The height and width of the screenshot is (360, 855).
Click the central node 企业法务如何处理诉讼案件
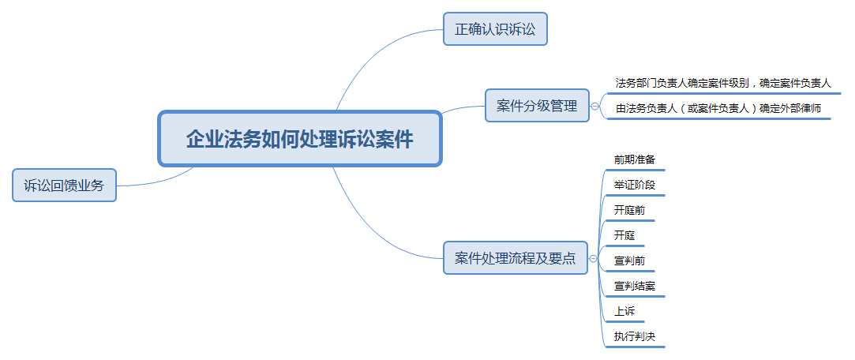pyautogui.click(x=299, y=139)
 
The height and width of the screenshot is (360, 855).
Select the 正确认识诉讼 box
pyautogui.click(x=495, y=30)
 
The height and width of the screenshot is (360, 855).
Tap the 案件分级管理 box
pyautogui.click(x=537, y=105)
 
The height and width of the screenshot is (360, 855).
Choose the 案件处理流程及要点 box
pyautogui.click(x=516, y=257)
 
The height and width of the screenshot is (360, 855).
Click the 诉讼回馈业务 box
pyautogui.click(x=64, y=186)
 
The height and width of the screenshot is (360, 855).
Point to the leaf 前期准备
pyautogui.click(x=634, y=159)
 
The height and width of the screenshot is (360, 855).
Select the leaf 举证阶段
pyautogui.click(x=634, y=186)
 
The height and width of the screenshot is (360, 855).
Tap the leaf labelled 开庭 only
pyautogui.click(x=624, y=235)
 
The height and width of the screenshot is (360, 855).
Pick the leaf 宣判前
pyautogui.click(x=628, y=261)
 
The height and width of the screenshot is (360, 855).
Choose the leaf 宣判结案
pyautogui.click(x=634, y=286)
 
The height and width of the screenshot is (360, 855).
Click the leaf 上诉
pyautogui.click(x=624, y=311)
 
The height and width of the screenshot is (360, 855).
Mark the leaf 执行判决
pyautogui.click(x=634, y=336)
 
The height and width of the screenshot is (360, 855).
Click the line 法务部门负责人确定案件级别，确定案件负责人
pyautogui.click(x=722, y=83)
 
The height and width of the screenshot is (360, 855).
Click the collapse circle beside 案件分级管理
pyautogui.click(x=594, y=106)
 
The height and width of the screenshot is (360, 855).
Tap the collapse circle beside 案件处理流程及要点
pyautogui.click(x=593, y=258)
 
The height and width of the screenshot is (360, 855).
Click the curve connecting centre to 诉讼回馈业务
pyautogui.click(x=158, y=182)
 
